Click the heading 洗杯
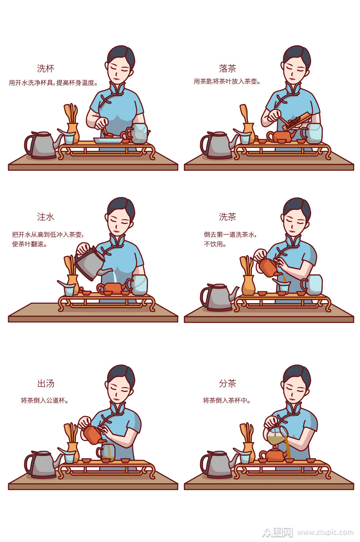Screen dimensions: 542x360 pyautogui.click(x=46, y=69)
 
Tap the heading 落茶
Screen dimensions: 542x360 pyautogui.click(x=227, y=68)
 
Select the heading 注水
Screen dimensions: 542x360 pyautogui.click(x=46, y=217)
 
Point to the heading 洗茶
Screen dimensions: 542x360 pyautogui.click(x=227, y=217)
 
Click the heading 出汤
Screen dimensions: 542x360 pyautogui.click(x=46, y=383)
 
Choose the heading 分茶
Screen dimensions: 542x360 pyautogui.click(x=227, y=383)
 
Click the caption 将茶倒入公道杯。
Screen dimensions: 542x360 pyautogui.click(x=45, y=400)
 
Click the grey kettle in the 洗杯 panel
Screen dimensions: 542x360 pyautogui.click(x=41, y=145)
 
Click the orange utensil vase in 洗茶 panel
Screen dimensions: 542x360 pyautogui.click(x=248, y=285)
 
